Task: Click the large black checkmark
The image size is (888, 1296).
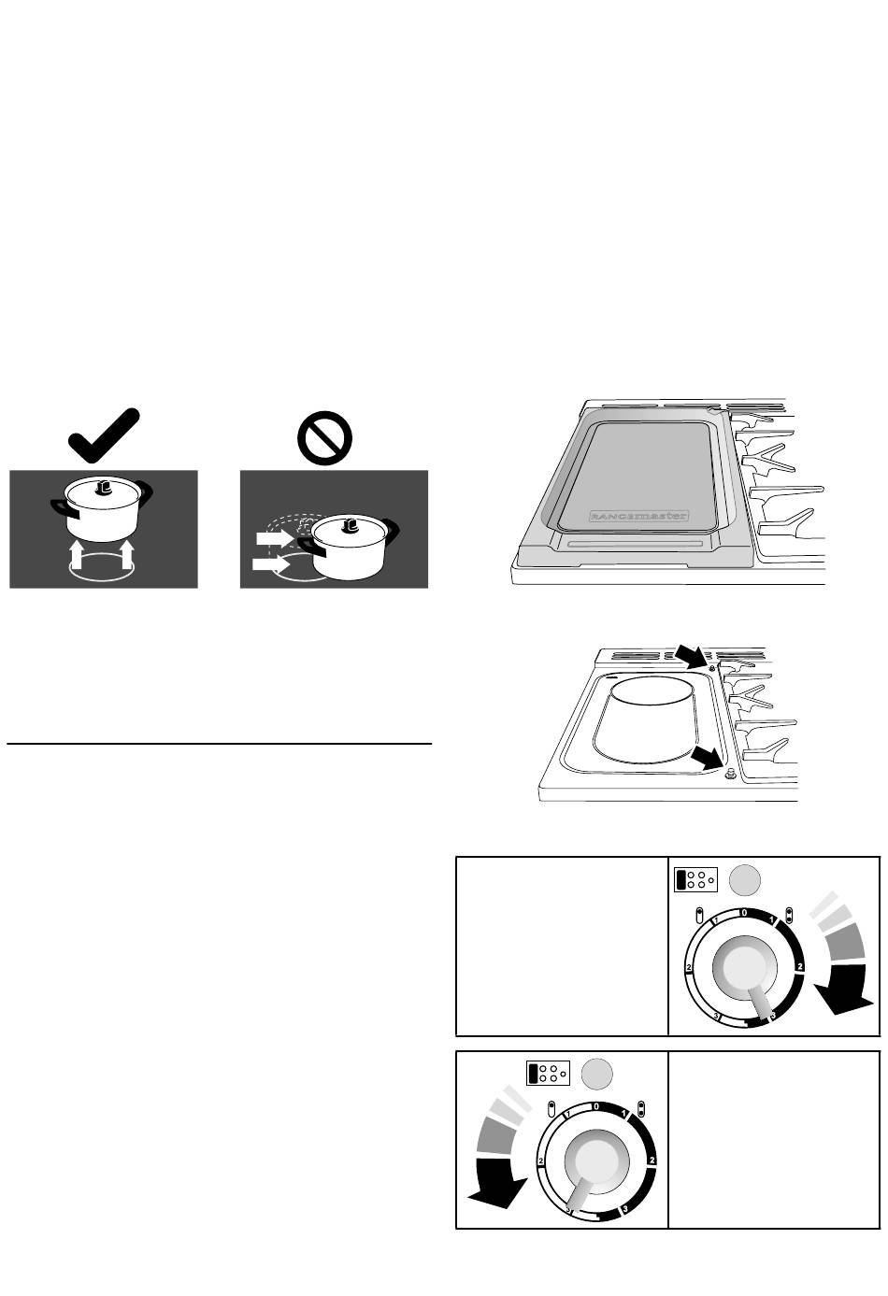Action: (104, 436)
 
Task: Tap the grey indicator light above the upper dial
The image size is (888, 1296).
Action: (744, 879)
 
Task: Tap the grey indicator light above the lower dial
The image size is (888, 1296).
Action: (596, 1074)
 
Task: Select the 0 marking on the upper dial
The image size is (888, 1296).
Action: (743, 911)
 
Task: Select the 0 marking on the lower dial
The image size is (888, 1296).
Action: (595, 1106)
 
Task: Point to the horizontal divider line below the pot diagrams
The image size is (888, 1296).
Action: (220, 745)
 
